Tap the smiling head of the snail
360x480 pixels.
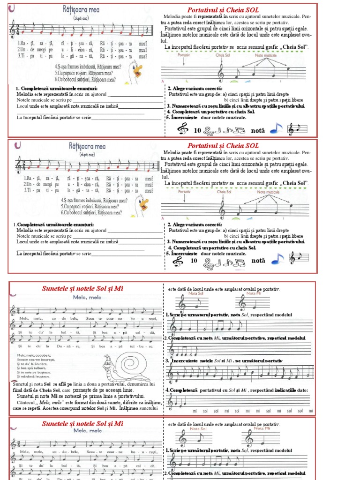click(109, 361)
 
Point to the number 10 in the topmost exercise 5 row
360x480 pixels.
click(197, 130)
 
